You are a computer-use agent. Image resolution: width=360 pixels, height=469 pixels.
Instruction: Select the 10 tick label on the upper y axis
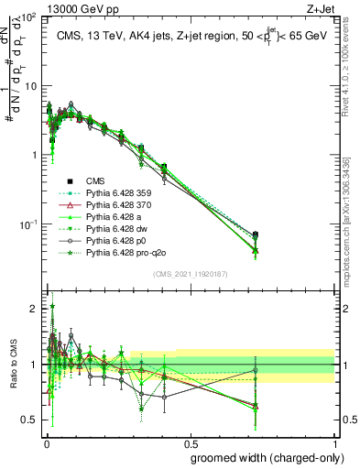click(29, 85)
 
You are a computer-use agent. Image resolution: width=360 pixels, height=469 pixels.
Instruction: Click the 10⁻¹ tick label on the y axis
click(27, 224)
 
